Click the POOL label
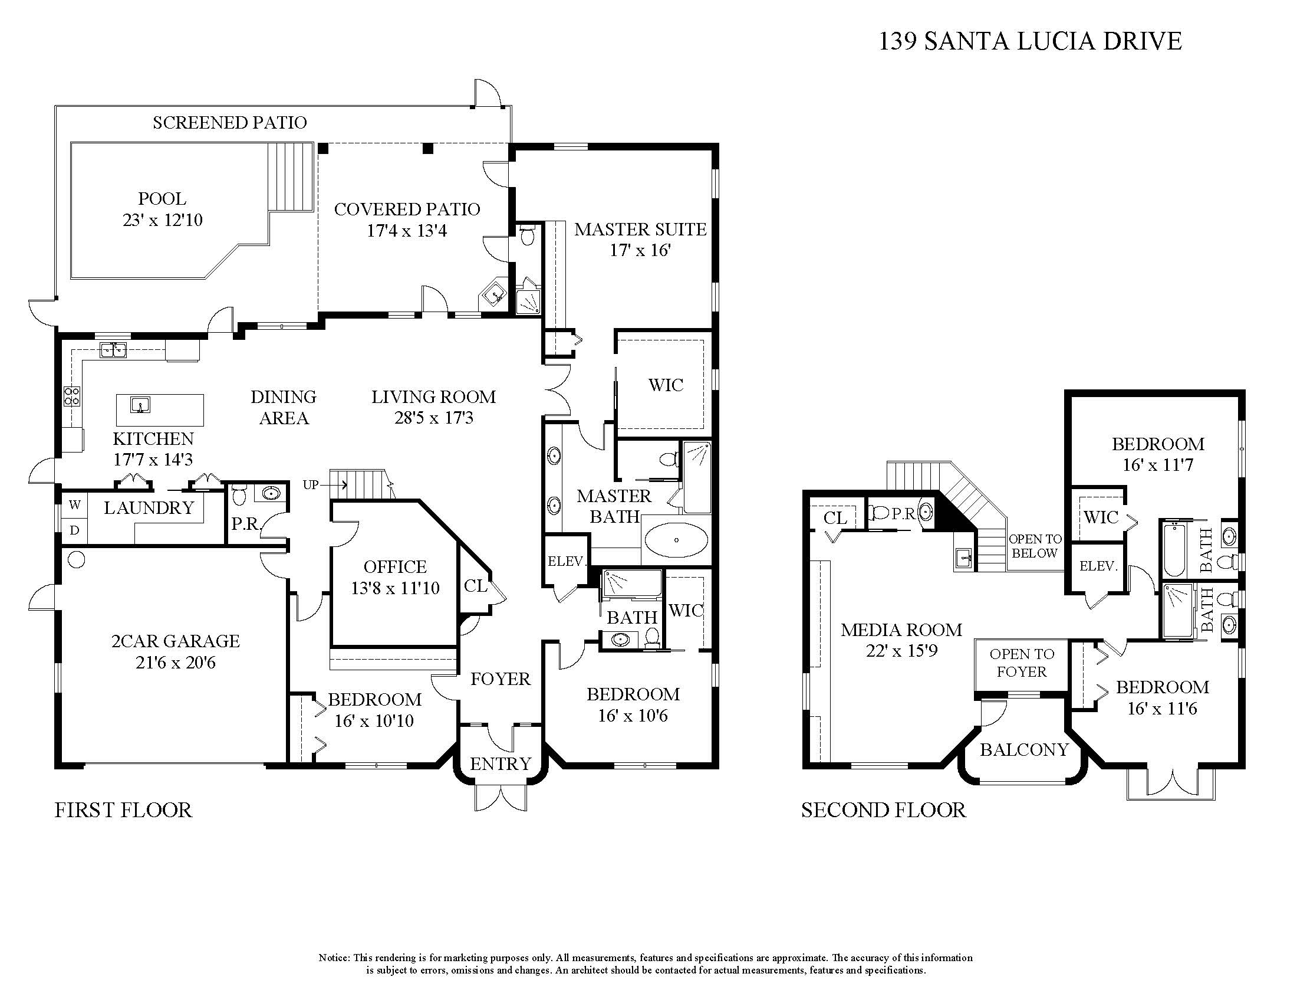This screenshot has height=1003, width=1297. pos(162,198)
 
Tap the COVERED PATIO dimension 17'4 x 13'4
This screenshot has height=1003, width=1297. pos(407,231)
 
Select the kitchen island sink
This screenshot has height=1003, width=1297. pos(140,405)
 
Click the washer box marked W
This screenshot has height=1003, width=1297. pos(74,505)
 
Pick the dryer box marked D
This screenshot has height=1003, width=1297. pos(74,530)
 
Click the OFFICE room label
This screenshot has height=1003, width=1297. pos(395,567)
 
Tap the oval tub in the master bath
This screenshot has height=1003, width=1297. pos(676,540)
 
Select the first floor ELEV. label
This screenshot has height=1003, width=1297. pos(567,561)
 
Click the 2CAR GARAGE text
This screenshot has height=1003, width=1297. pos(176,641)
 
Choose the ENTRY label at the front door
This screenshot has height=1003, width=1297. pos(500,763)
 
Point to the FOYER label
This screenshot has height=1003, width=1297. pos(500,678)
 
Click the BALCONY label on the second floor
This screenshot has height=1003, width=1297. pos(1025,750)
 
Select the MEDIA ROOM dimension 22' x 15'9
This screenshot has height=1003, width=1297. pos(901,651)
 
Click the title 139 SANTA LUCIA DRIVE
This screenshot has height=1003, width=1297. pos(1031,41)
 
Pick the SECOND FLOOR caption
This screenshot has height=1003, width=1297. pos(884,810)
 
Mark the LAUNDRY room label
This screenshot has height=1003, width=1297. pos(149,508)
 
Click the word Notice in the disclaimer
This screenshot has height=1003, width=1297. pos(334,958)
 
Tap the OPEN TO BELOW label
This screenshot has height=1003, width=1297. pos(1035,546)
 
